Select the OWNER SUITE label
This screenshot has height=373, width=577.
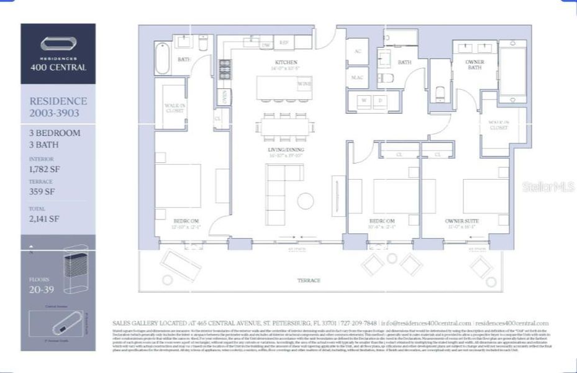(x=461, y=221)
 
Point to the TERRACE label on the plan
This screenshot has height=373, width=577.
(x=308, y=280)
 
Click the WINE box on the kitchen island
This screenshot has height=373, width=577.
(x=304, y=83)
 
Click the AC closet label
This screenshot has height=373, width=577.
(x=357, y=51)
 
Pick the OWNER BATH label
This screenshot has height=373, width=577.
(x=475, y=65)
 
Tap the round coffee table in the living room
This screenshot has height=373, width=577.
(x=306, y=201)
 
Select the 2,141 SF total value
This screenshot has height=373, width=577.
(x=44, y=218)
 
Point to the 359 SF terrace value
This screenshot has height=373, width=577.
(x=42, y=192)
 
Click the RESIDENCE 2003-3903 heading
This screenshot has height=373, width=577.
(x=58, y=106)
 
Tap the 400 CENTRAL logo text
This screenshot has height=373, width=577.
(x=58, y=67)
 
